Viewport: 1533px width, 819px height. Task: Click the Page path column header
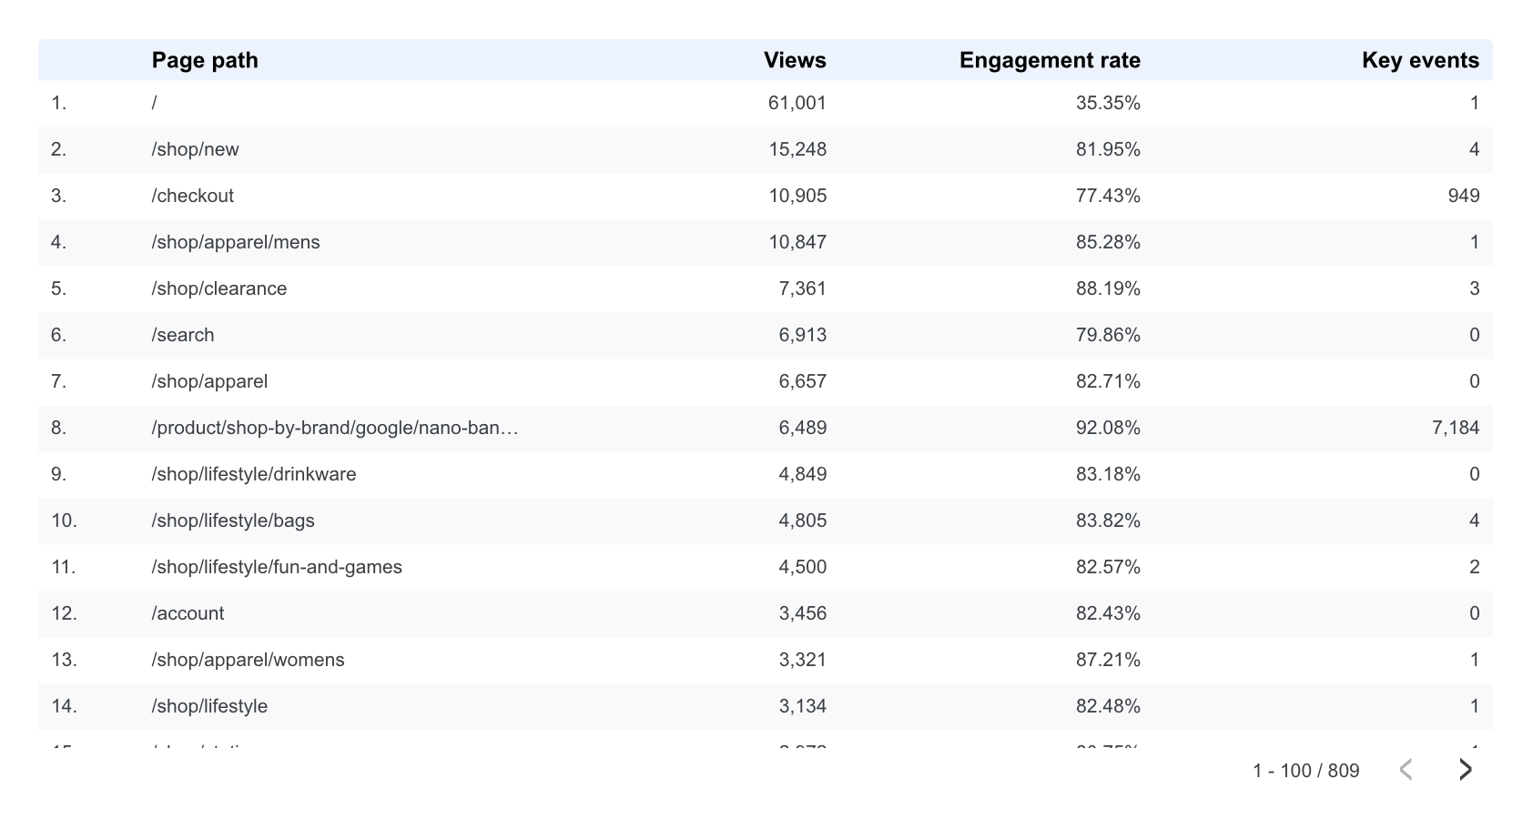205,60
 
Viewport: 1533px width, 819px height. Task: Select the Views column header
795,60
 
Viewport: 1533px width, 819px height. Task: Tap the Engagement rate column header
1050,60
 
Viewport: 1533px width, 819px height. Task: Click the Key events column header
1420,60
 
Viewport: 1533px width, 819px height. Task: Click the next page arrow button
1465,770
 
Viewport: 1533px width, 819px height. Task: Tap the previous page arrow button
1406,770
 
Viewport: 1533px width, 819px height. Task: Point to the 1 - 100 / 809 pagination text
1305,771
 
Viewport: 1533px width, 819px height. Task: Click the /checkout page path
193,196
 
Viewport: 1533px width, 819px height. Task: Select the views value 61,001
797,103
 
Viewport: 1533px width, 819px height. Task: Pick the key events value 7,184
1455,428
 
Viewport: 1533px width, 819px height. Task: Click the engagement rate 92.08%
1108,428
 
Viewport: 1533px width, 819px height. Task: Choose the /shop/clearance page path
219,288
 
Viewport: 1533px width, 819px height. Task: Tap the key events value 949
1463,196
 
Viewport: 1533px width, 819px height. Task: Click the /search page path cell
183,335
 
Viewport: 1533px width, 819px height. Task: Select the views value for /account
802,613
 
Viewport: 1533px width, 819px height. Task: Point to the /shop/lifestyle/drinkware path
254,474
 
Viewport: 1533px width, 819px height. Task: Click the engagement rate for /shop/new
1108,149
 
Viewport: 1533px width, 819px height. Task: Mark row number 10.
64,521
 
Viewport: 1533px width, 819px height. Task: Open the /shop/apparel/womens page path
249,660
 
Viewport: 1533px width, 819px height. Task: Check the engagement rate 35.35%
1108,103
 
